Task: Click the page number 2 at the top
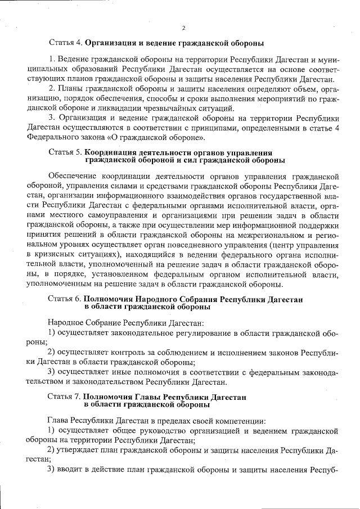coord(183,28)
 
